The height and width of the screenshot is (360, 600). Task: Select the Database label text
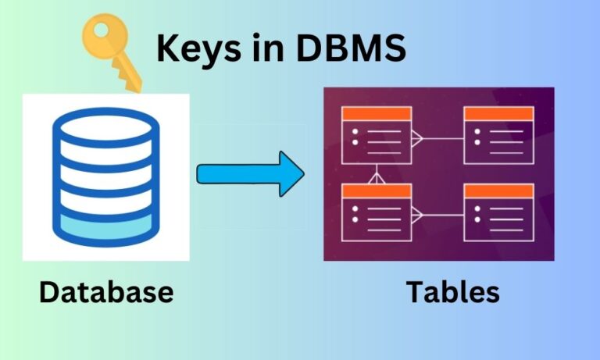105,292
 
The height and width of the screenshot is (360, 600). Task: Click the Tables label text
452,292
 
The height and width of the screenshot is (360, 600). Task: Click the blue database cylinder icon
105,176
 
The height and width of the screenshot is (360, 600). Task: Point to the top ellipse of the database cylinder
105,126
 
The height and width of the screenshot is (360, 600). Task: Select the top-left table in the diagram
377,135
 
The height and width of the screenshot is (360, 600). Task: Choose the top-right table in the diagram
498,135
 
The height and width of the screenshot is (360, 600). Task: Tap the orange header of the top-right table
498,114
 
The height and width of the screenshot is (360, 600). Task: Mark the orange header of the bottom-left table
377,191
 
